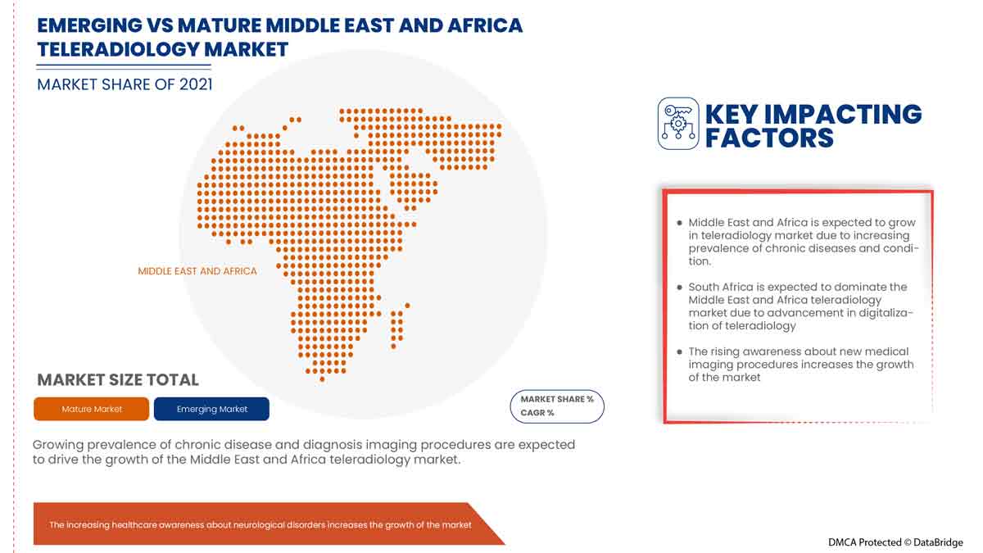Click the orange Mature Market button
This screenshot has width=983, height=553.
click(92, 409)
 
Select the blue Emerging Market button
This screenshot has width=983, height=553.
click(211, 409)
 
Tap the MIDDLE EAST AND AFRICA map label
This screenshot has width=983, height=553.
click(197, 271)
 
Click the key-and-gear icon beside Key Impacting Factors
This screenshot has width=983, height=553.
click(678, 124)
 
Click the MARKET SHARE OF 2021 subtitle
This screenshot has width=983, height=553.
click(125, 84)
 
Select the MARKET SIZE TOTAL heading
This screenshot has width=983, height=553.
click(118, 379)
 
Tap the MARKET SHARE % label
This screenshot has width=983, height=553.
click(557, 399)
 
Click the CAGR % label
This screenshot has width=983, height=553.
click(537, 413)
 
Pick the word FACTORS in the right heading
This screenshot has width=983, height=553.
click(769, 138)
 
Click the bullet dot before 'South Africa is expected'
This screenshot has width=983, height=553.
click(679, 288)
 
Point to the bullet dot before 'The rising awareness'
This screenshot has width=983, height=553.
click(679, 352)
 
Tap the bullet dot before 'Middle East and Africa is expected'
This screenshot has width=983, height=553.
click(679, 223)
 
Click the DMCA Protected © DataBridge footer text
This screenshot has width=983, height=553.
click(895, 542)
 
